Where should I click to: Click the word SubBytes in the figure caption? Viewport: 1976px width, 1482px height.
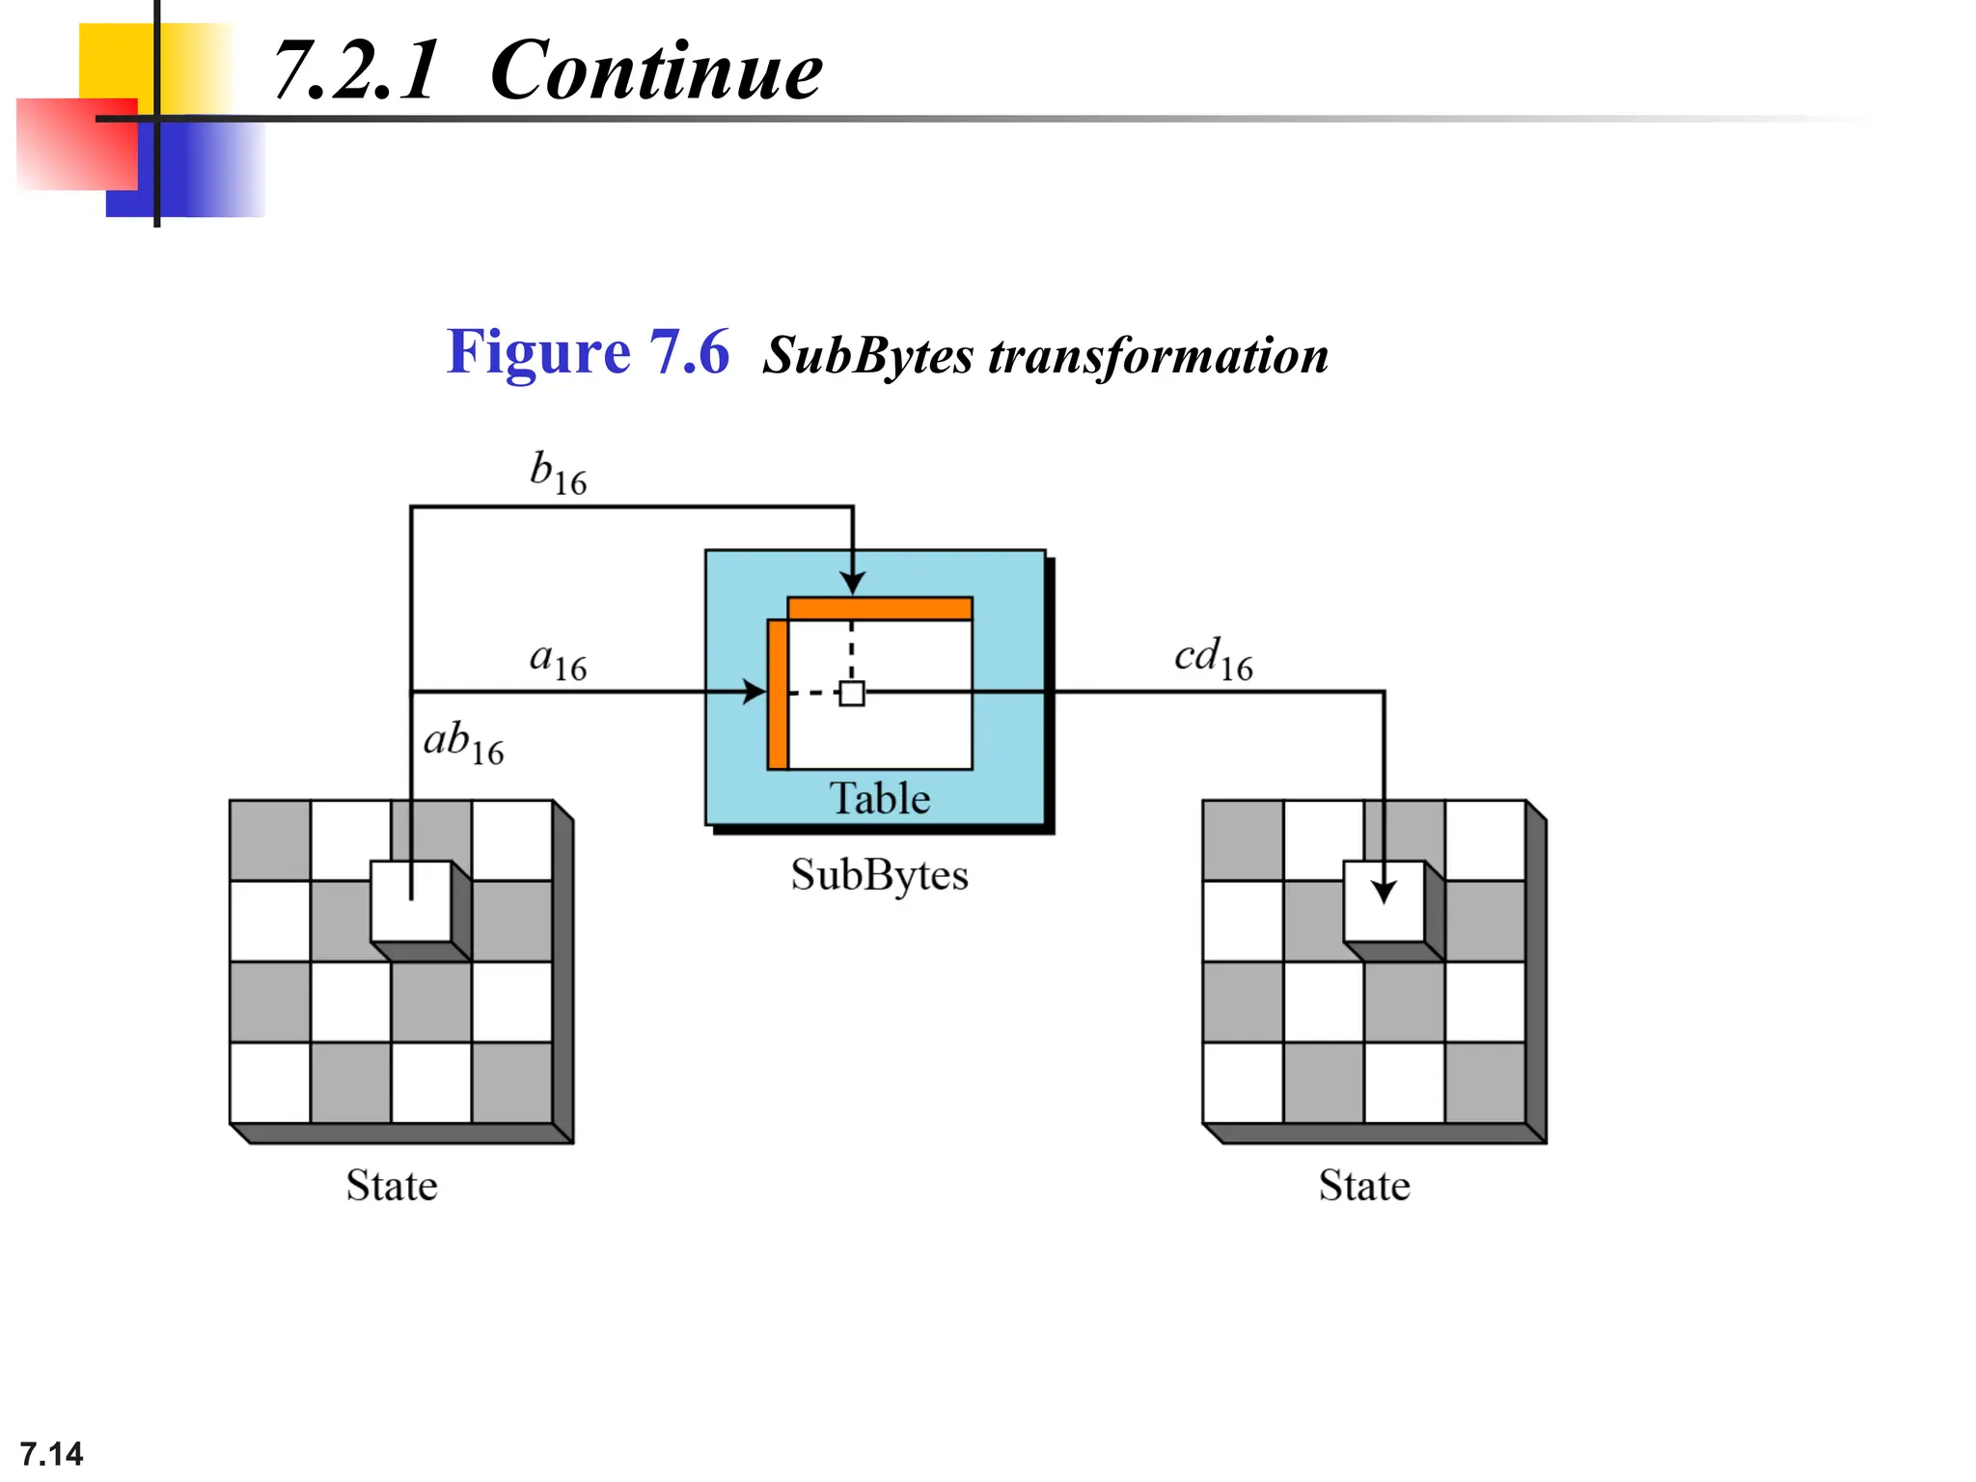pyautogui.click(x=867, y=356)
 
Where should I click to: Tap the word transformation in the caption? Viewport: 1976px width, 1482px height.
pyautogui.click(x=1158, y=356)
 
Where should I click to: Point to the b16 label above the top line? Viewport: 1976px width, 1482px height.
pyautogui.click(x=558, y=473)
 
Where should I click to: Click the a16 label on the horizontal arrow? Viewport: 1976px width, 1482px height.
pyautogui.click(x=558, y=661)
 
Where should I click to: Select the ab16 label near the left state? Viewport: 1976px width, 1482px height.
pyautogui.click(x=463, y=743)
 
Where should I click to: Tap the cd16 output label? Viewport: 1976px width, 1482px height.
pyautogui.click(x=1213, y=659)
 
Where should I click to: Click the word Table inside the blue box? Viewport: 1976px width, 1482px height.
pyautogui.click(x=879, y=799)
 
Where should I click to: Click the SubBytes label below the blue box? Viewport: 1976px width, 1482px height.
pyautogui.click(x=879, y=875)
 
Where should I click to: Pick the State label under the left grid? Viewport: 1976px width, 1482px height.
pyautogui.click(x=392, y=1186)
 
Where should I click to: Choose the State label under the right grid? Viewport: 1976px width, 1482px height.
pyautogui.click(x=1364, y=1186)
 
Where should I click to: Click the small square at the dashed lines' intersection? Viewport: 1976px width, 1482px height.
pyautogui.click(x=852, y=693)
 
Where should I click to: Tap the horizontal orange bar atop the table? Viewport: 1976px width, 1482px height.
pyautogui.click(x=879, y=608)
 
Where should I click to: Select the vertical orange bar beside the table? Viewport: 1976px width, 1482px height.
pyautogui.click(x=778, y=695)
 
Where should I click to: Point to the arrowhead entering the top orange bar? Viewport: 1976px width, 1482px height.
pyautogui.click(x=852, y=583)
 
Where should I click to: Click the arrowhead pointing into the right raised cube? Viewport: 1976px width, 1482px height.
pyautogui.click(x=1384, y=892)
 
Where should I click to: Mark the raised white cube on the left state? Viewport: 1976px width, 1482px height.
pyautogui.click(x=411, y=901)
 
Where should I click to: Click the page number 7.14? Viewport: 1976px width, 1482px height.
pyautogui.click(x=51, y=1453)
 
